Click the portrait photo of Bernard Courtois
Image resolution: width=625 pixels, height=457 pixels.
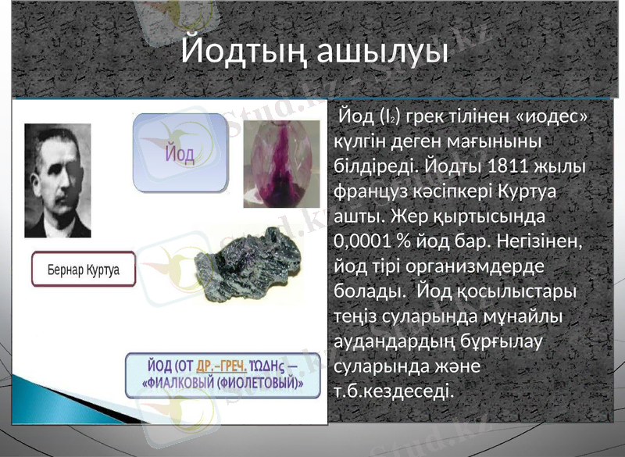[57, 180]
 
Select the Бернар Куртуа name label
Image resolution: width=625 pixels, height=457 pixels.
[84, 269]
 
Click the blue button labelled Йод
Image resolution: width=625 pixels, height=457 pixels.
[179, 152]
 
